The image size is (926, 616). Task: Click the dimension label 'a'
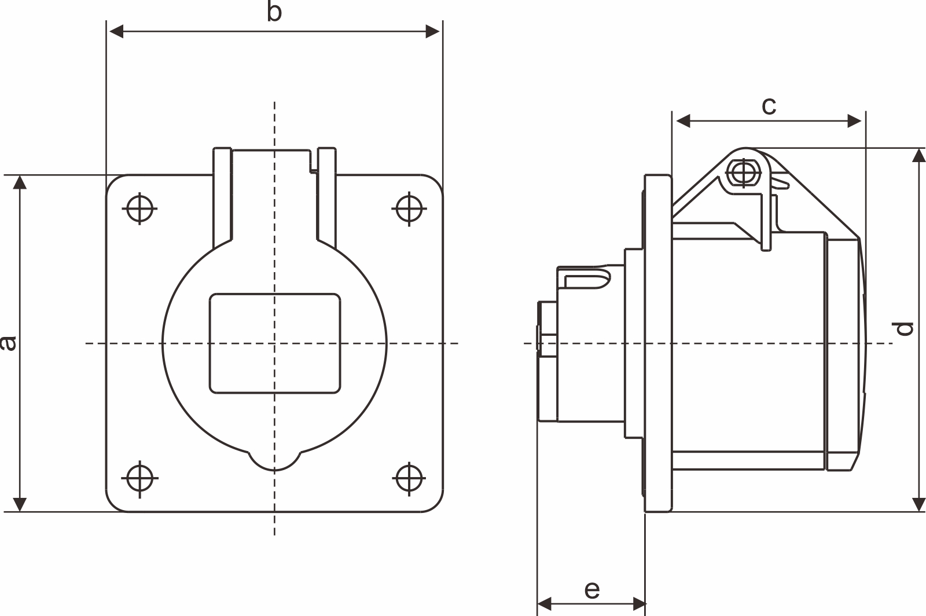8,343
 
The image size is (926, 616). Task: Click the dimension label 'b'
274,12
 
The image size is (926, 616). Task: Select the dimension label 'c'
768,106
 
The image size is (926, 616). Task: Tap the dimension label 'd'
904,328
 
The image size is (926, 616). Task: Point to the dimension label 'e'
591,590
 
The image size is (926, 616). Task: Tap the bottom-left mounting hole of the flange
140,479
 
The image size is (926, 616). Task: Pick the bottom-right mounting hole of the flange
409,479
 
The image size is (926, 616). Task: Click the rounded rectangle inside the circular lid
275,343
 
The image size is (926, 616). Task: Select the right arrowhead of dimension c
855,121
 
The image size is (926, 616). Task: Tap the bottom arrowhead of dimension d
918,503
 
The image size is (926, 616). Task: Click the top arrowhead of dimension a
20,183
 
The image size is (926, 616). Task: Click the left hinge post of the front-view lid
222,197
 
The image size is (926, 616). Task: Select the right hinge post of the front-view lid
326,197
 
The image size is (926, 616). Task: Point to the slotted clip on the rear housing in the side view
586,281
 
